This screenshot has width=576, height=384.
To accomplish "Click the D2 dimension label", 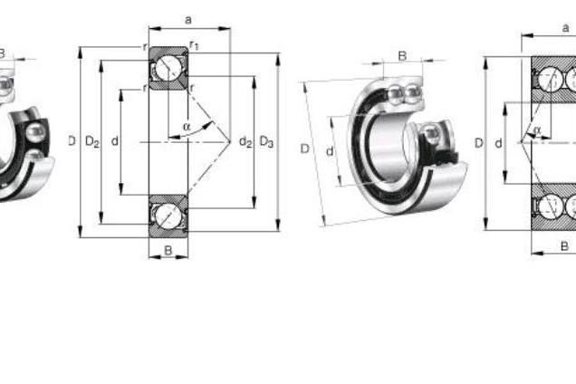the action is tap(92, 141).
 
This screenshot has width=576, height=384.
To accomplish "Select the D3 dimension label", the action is tap(266, 141).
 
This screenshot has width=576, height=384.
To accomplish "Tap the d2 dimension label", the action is tap(245, 141).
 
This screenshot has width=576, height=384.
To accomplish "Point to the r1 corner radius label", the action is tap(194, 45).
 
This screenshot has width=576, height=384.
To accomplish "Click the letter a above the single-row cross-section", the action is tap(188, 20).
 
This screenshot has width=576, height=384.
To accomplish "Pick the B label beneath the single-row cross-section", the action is tap(168, 250).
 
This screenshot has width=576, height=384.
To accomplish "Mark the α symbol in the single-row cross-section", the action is tap(187, 127).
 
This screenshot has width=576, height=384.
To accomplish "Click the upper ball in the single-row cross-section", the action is tap(168, 67).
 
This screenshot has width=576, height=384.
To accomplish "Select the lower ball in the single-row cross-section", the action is tap(168, 216).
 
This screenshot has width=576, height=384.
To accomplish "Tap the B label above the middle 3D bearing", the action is tap(403, 56).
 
